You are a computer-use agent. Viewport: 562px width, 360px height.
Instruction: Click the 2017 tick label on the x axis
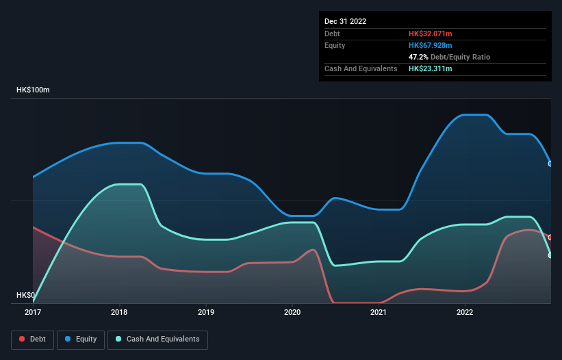tap(32, 313)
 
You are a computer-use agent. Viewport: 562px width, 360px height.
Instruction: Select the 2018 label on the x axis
tap(119, 313)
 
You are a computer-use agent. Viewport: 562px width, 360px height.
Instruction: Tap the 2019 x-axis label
tap(205, 313)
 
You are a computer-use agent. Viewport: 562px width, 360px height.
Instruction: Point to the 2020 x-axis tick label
tap(292, 313)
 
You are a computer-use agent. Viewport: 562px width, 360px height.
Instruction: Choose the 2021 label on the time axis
tap(379, 313)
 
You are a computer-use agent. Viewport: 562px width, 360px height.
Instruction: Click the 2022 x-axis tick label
tap(465, 313)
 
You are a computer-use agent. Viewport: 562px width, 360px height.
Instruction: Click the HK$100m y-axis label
tap(34, 90)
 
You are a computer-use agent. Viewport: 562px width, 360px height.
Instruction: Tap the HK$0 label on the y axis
tap(26, 296)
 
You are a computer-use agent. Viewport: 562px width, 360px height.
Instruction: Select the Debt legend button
tap(32, 339)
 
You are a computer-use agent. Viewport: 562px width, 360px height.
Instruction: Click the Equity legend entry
tap(81, 339)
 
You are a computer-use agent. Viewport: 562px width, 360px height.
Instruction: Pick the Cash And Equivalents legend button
tap(157, 339)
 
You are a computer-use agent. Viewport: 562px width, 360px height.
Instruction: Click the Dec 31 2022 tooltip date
tap(346, 21)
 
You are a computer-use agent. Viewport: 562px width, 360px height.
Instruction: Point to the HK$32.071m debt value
tap(431, 34)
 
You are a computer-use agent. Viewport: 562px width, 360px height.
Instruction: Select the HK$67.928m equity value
tap(431, 45)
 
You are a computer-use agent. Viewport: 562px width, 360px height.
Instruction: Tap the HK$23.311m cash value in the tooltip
tap(431, 68)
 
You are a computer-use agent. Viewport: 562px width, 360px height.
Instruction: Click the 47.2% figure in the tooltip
tap(418, 57)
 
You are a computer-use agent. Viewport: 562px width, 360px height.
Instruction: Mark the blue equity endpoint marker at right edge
tap(550, 164)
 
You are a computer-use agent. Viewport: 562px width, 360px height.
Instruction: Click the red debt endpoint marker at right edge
tap(550, 237)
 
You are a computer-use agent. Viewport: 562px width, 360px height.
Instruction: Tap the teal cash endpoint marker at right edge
tap(550, 255)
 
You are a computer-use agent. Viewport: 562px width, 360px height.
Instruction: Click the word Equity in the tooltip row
tap(335, 45)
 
